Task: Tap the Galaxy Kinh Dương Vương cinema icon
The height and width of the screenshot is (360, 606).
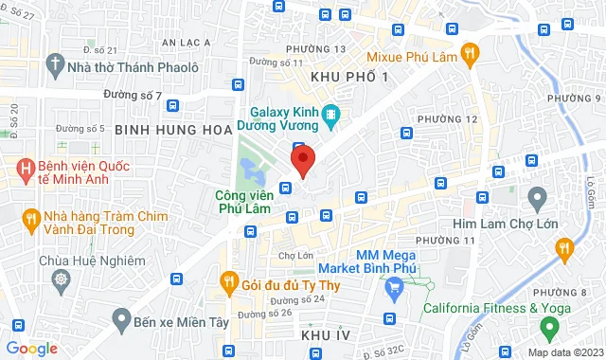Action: [x=330, y=116]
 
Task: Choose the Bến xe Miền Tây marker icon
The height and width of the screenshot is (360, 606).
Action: [x=121, y=318]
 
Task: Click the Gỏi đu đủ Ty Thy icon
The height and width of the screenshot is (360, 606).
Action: [x=228, y=280]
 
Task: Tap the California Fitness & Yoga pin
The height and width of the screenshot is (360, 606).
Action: [x=547, y=328]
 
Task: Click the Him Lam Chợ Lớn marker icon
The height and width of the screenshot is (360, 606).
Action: [x=538, y=200]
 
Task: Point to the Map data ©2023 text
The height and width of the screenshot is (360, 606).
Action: [x=563, y=352]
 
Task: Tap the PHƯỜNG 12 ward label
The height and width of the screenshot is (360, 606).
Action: [x=446, y=118]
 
